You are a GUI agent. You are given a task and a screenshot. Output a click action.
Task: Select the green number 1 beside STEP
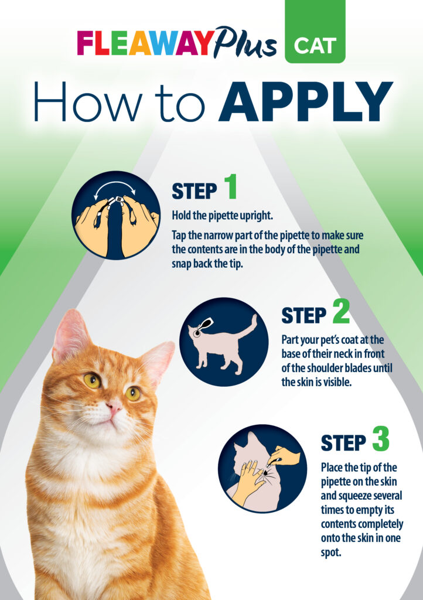[x=230, y=186]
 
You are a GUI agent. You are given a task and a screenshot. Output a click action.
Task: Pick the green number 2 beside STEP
[x=341, y=311]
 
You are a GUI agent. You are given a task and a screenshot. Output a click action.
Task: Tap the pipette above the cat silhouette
[x=204, y=327]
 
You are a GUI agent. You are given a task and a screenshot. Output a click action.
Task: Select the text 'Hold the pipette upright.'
[x=222, y=216]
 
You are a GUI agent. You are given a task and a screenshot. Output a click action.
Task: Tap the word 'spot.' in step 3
[x=331, y=553]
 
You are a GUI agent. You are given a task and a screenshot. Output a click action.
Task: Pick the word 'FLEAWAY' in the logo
[x=144, y=43]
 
